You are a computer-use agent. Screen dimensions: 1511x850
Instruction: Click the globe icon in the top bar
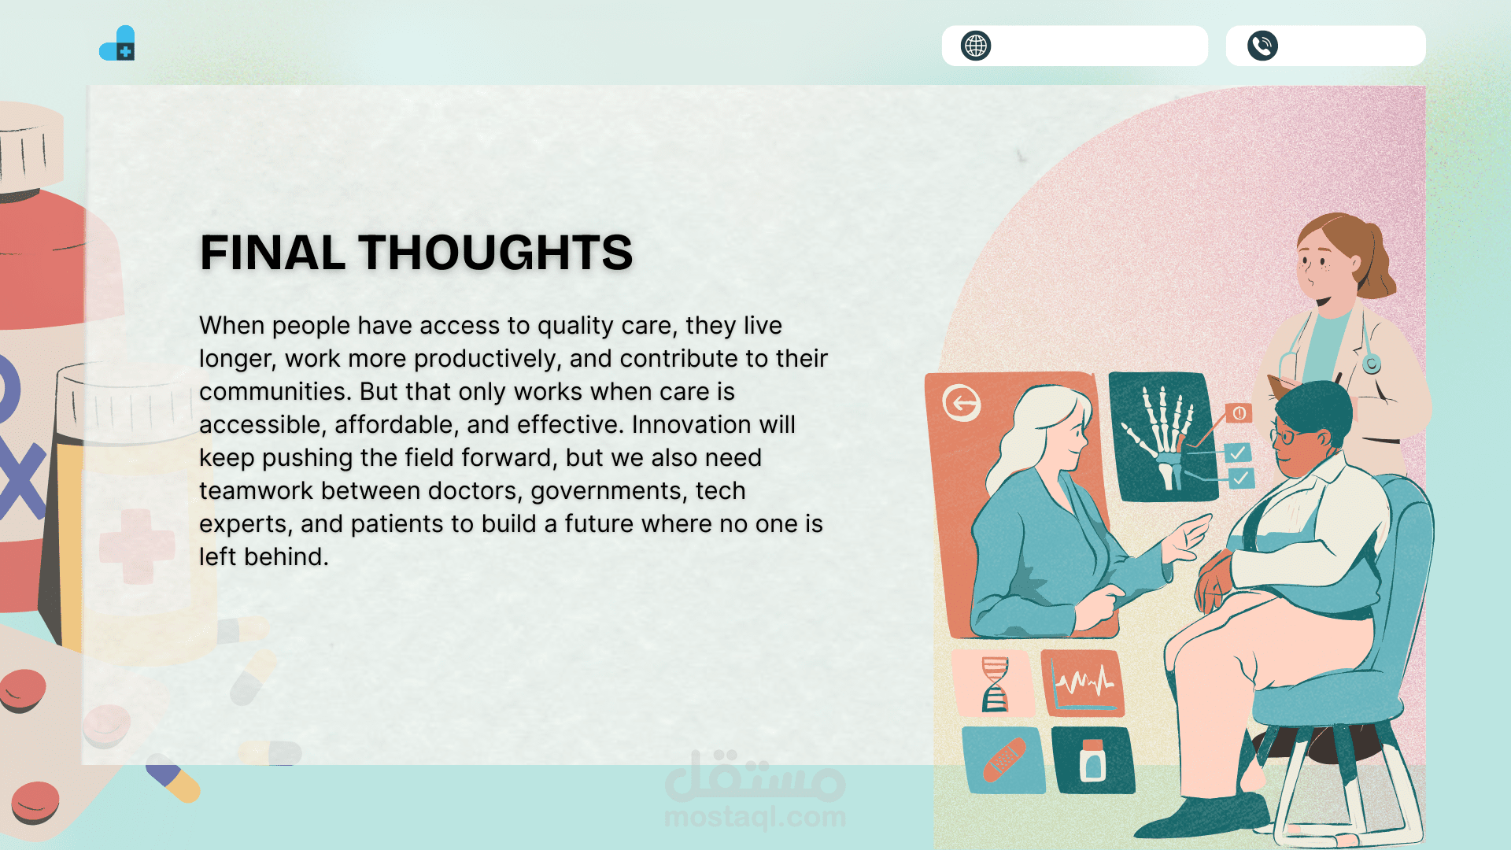click(976, 46)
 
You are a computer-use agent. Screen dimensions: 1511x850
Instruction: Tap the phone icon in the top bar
click(1262, 46)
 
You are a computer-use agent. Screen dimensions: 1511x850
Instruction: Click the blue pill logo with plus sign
click(117, 43)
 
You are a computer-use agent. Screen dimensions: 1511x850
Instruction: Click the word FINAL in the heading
click(272, 253)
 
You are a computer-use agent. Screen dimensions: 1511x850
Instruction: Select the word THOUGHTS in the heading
click(496, 253)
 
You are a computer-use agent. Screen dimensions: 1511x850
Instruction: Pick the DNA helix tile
click(994, 683)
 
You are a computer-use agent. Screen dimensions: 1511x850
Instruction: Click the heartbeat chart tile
click(1084, 683)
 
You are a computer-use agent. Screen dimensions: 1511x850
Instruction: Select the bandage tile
click(1004, 760)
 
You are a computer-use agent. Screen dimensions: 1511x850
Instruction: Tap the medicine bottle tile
click(1093, 760)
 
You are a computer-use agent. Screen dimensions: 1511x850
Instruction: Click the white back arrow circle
click(962, 404)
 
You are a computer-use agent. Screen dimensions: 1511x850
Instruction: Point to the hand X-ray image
click(1162, 437)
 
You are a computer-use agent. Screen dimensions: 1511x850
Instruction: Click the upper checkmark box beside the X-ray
click(1238, 453)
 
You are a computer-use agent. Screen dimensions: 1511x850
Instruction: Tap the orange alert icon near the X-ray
click(1239, 413)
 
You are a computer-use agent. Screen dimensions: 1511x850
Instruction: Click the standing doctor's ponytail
click(1379, 264)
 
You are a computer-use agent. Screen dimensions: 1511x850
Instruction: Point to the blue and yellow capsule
click(173, 778)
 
